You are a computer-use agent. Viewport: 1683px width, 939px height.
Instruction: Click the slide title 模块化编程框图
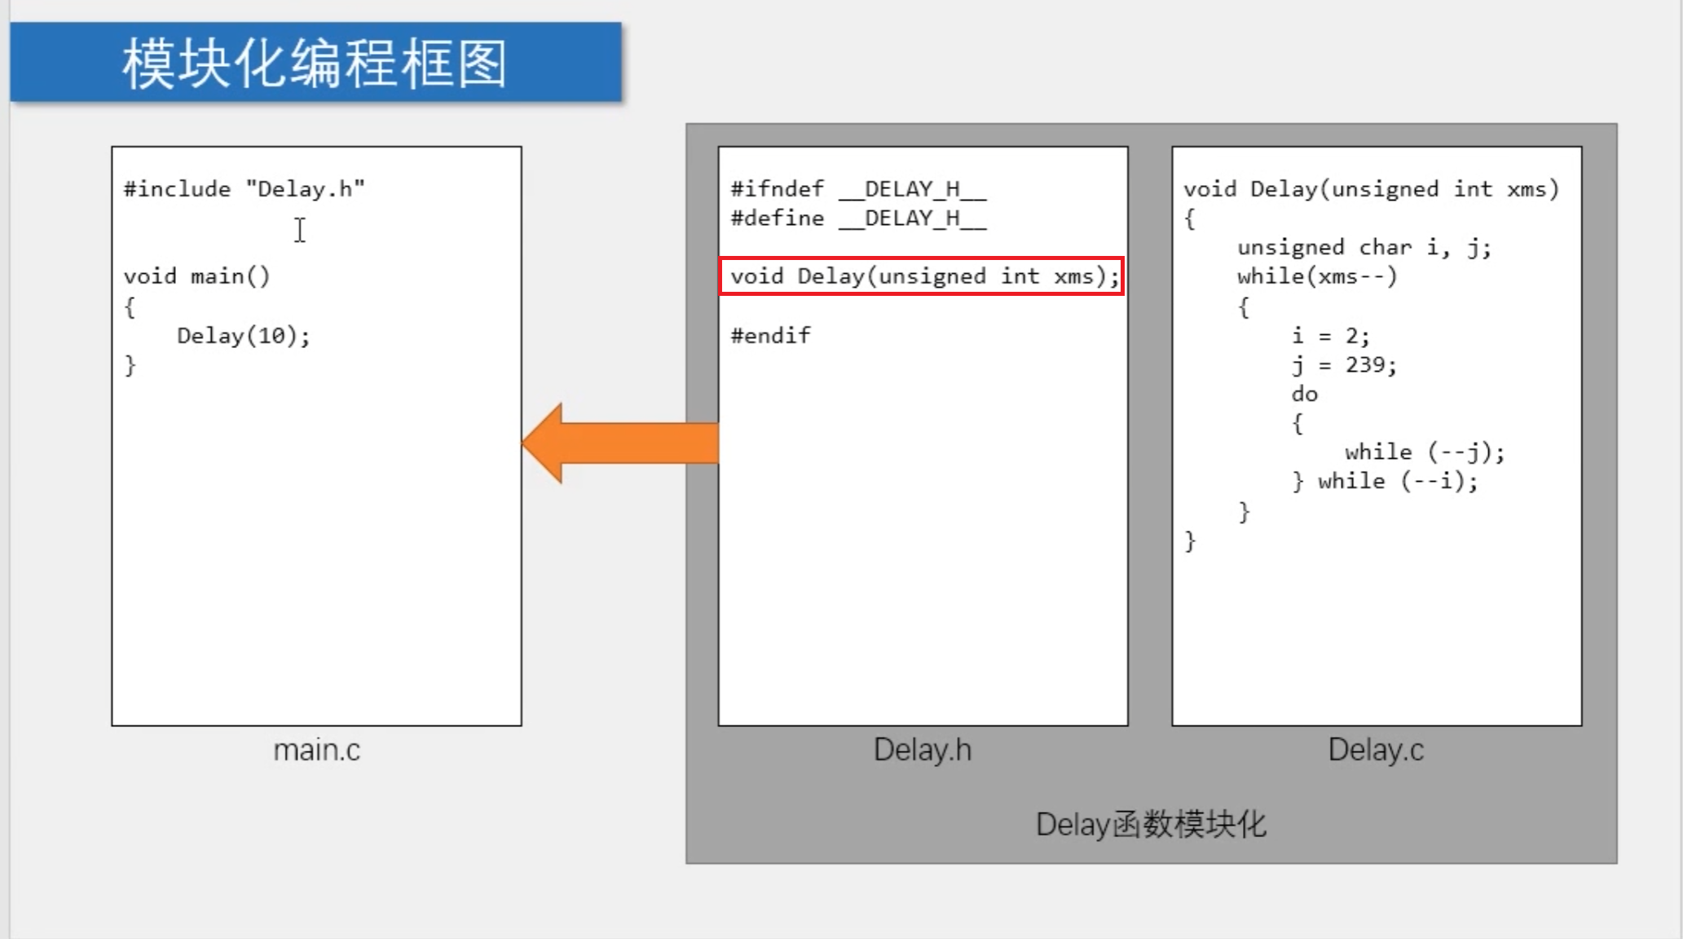315,64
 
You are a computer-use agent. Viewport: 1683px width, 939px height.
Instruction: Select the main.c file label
316,750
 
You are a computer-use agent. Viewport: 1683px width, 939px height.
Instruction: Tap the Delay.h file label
922,750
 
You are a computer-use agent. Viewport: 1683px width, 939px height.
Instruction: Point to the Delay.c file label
1376,750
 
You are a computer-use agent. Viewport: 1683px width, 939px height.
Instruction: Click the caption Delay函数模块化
1150,824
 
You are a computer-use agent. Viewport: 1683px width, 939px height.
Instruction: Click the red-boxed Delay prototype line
922,276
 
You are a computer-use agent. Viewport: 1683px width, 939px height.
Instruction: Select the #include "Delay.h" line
244,189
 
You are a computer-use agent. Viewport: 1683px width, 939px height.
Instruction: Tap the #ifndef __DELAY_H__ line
858,189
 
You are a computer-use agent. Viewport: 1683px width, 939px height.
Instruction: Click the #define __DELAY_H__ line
858,218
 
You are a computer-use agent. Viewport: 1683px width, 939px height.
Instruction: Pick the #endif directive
770,335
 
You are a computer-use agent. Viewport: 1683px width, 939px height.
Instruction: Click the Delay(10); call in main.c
244,335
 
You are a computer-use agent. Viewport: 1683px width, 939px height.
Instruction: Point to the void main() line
196,276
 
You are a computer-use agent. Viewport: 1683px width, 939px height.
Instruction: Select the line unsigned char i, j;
1364,247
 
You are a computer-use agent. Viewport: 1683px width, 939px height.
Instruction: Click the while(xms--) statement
1317,276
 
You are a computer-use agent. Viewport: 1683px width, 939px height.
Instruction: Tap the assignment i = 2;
1330,335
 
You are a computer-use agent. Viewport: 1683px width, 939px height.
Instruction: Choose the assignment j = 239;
1344,364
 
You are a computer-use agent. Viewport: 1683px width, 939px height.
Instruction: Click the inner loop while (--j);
1424,452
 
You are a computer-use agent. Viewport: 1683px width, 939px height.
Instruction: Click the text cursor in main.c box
300,230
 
